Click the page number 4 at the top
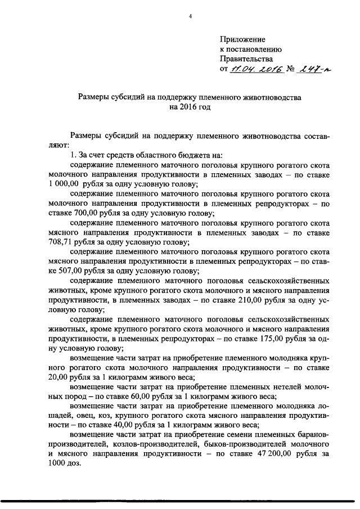click(x=190, y=15)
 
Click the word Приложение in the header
click(x=241, y=39)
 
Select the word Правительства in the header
click(x=246, y=59)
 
